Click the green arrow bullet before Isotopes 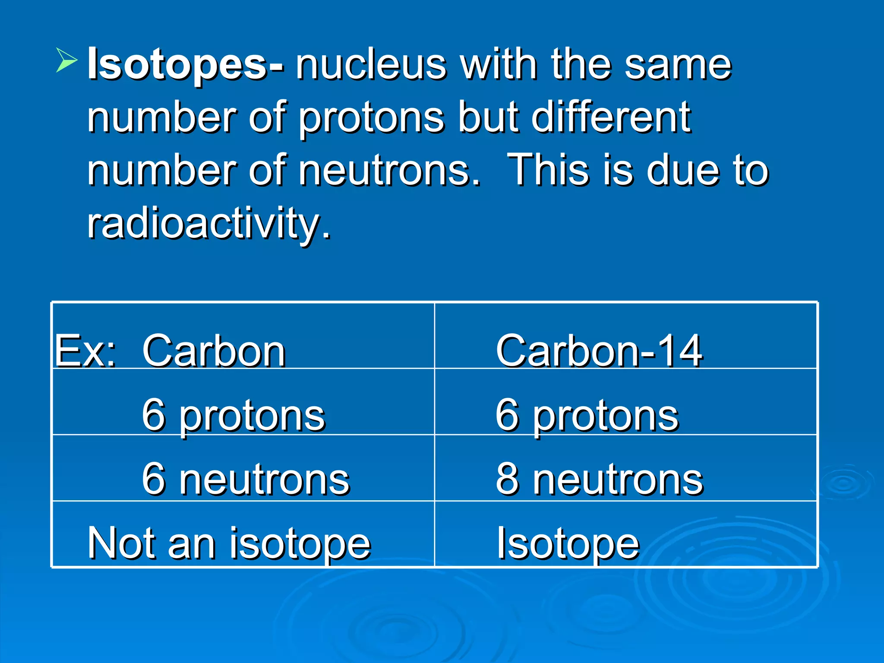(66, 60)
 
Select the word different (611, 117)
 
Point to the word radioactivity (209, 224)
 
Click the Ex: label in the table (85, 350)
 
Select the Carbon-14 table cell (599, 350)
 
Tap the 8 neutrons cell (599, 479)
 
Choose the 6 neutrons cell (245, 479)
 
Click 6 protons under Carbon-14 (587, 415)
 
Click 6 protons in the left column (233, 415)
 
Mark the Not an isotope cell (229, 543)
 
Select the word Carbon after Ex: (213, 350)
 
